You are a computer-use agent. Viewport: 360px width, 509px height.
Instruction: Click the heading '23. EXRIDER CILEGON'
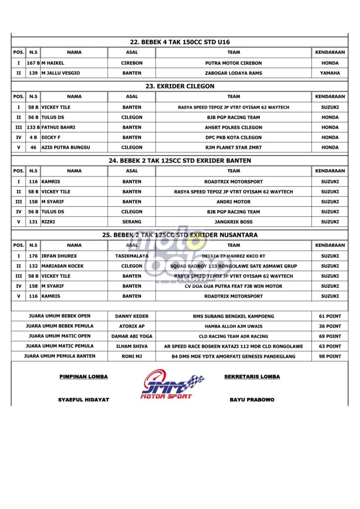click(180, 86)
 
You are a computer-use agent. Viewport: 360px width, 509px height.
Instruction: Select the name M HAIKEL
click(53, 63)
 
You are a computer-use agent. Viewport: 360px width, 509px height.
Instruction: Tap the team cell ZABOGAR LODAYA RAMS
click(233, 73)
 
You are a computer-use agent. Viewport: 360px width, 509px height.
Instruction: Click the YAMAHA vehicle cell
click(330, 73)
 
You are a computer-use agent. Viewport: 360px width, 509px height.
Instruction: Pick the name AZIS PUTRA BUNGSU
click(66, 147)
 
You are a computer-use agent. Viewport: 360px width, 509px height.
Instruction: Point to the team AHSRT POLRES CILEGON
click(233, 127)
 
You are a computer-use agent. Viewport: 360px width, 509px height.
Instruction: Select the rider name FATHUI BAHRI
click(58, 127)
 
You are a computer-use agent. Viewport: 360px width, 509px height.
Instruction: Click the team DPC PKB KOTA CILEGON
click(233, 137)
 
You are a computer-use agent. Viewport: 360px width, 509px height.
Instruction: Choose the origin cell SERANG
click(132, 222)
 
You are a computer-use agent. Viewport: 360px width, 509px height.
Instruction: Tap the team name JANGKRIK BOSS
click(233, 222)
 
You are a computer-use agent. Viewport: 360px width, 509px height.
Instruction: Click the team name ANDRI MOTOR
click(233, 202)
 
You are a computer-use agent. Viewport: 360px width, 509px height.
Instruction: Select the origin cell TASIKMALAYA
click(132, 256)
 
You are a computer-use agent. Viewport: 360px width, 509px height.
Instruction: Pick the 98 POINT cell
click(330, 356)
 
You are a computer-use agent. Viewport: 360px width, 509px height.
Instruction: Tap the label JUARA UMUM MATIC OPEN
click(59, 336)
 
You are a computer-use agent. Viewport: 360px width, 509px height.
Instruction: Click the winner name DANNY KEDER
click(132, 316)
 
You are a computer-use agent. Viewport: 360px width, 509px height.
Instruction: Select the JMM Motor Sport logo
click(172, 384)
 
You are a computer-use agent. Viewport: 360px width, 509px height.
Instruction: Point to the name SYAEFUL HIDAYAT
click(84, 400)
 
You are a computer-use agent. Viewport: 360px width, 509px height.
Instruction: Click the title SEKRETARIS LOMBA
click(252, 377)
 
